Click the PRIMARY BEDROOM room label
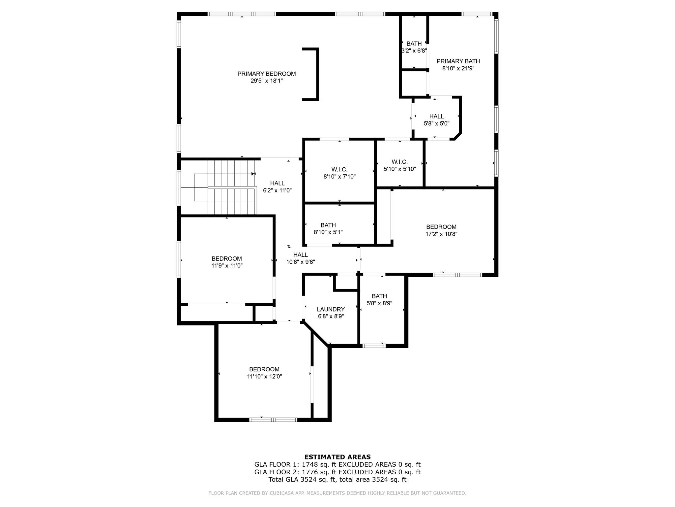coord(266,74)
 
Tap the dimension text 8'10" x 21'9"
coord(458,68)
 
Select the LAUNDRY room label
coord(331,309)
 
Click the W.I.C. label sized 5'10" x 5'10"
coord(399,162)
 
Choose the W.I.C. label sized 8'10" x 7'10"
coord(339,169)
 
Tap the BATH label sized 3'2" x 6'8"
coord(414,44)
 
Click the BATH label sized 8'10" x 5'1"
coord(328,225)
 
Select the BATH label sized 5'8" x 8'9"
coord(379,296)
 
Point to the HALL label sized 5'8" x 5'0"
coord(436,116)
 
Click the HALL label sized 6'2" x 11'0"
coord(277,183)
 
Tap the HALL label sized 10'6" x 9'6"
coord(300,254)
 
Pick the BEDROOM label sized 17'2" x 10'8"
coord(441,227)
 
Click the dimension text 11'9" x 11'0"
coord(227,265)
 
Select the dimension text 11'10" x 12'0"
coord(264,376)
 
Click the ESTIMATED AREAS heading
coord(337,457)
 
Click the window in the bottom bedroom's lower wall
coord(273,420)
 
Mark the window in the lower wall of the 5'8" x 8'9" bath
coord(374,346)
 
